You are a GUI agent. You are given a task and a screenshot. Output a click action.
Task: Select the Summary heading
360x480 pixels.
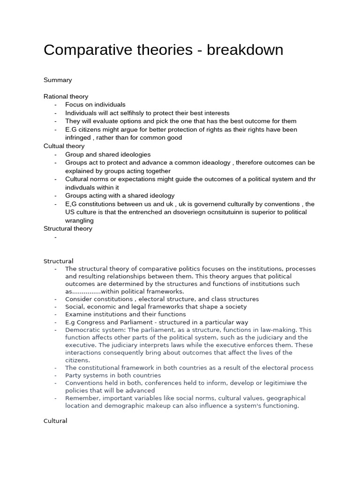(58, 80)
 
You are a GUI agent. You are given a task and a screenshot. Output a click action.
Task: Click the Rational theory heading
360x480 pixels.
(66, 97)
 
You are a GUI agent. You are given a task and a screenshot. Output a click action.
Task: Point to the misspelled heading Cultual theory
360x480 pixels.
(64, 146)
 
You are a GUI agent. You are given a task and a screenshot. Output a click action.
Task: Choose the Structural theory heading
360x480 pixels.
(68, 229)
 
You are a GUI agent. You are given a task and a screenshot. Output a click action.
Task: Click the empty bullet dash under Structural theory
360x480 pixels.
(55, 237)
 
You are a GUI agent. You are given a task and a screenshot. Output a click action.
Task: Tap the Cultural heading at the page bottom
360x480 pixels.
(55, 421)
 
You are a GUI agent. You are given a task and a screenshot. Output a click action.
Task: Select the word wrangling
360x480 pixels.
(80, 220)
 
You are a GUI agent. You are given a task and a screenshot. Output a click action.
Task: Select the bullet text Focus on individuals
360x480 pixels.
(95, 105)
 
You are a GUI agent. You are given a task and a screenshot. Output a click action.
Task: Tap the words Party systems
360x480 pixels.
(84, 375)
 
